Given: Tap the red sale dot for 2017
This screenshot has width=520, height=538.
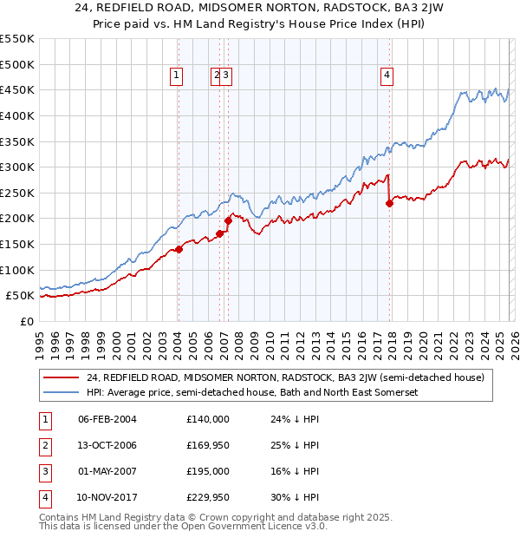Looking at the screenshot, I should click(389, 204).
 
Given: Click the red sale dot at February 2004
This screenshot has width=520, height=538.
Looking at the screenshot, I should click(179, 249).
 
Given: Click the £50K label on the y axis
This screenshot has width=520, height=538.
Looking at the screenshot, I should click(20, 296).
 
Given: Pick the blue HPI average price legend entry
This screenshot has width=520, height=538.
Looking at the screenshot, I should click(251, 392).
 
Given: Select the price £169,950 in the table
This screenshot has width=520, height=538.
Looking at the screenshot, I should click(207, 445).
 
